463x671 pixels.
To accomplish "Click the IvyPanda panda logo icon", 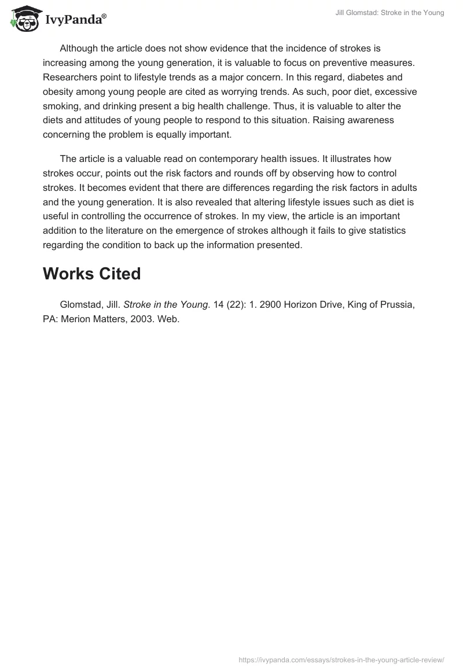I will click(23, 18).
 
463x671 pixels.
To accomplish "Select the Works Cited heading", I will click(91, 274).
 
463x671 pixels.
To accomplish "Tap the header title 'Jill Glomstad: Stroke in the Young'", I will click(389, 13).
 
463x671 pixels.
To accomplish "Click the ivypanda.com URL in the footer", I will click(341, 659).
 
